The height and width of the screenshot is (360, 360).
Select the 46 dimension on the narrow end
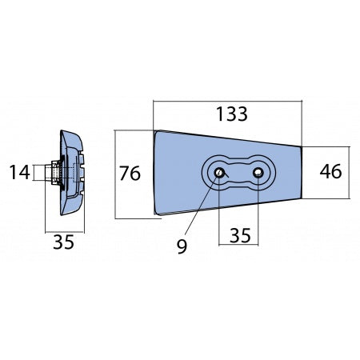(x=332, y=171)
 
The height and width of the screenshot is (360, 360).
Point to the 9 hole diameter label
(x=183, y=246)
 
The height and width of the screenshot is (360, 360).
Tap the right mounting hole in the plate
(x=258, y=171)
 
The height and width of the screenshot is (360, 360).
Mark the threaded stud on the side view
(x=54, y=171)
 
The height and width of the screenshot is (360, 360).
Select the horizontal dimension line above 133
(x=228, y=101)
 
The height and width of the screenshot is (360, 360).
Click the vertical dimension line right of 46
(x=350, y=171)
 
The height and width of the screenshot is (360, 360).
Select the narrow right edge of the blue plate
(x=300, y=171)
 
